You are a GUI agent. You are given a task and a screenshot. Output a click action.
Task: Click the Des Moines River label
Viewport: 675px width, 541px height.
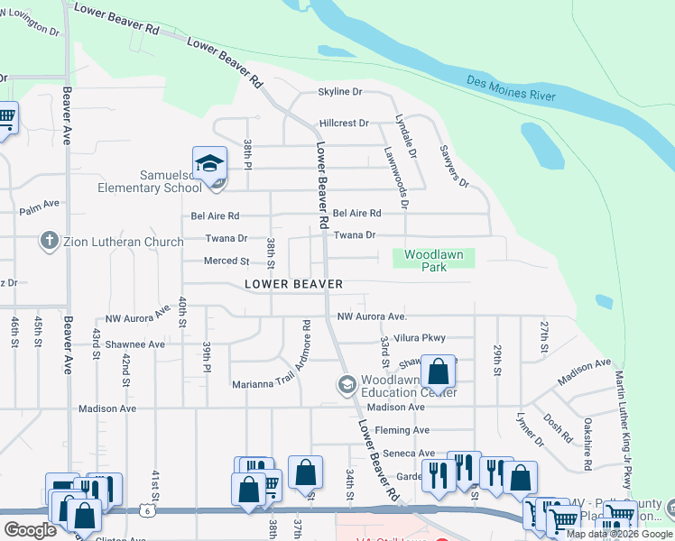510,88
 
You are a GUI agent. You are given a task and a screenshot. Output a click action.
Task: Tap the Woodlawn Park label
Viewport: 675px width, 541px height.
433,261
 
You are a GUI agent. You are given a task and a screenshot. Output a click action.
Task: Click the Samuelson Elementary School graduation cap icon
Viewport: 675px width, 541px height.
209,163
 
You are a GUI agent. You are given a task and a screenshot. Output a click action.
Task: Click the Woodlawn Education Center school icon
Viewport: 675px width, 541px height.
346,385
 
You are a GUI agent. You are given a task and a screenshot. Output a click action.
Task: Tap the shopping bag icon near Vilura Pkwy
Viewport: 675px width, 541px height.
438,371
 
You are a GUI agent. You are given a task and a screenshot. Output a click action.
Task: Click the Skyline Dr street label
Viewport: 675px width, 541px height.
339,92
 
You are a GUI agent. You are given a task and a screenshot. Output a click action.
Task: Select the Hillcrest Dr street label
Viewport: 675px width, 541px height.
344,123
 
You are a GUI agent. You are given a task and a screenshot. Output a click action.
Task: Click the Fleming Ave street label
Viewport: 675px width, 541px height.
402,430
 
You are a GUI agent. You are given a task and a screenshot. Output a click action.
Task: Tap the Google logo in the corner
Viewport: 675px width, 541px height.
30,529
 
